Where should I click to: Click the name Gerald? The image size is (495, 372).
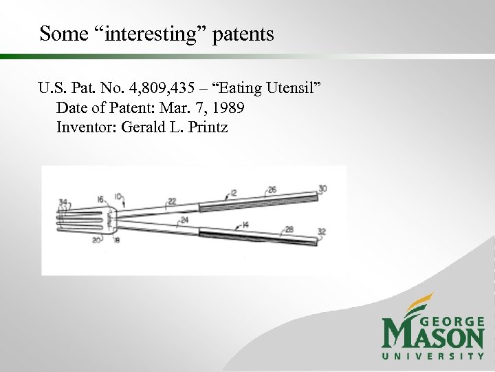pyautogui.click(x=146, y=127)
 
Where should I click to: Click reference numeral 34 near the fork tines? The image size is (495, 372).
pyautogui.click(x=63, y=203)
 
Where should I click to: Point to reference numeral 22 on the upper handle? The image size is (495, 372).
pyautogui.click(x=172, y=201)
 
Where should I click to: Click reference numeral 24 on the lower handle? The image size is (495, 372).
pyautogui.click(x=184, y=221)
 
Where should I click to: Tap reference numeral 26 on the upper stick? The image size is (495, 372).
pyautogui.click(x=272, y=190)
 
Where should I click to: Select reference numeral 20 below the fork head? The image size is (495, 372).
pyautogui.click(x=96, y=240)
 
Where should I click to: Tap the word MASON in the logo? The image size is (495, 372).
pyautogui.click(x=433, y=335)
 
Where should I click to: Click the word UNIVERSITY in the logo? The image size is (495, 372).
pyautogui.click(x=433, y=355)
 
